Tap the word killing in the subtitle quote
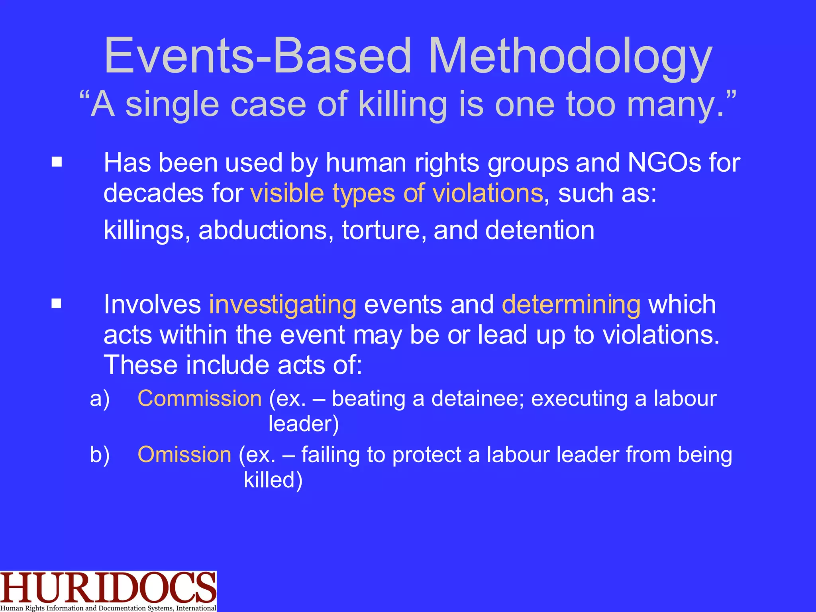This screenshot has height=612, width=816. tap(402, 104)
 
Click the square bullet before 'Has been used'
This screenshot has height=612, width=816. tap(57, 162)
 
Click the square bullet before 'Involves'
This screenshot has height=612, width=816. tap(57, 304)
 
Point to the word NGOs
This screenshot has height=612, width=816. tap(664, 163)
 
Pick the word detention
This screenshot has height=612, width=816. tap(539, 231)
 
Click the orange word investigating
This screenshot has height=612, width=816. tap(282, 305)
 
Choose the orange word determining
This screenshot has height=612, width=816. tap(571, 305)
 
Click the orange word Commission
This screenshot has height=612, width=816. tap(199, 398)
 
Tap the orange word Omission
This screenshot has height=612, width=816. tap(184, 455)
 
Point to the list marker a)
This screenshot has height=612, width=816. tap(100, 399)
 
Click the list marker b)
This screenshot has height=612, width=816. tap(100, 455)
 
